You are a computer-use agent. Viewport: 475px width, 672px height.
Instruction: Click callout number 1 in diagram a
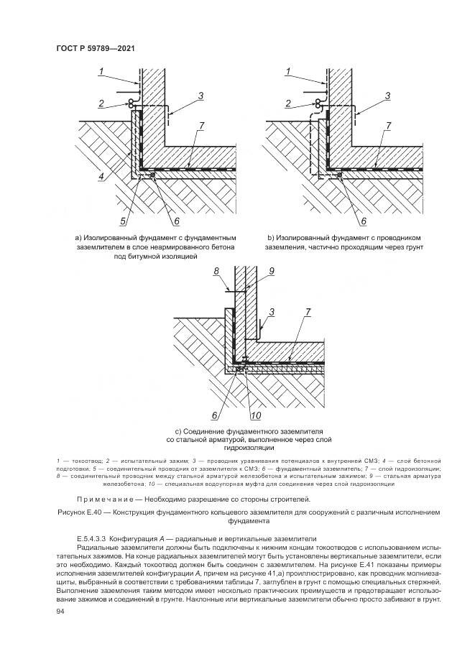point(102,70)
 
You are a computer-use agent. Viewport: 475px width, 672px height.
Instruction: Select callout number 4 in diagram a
point(101,175)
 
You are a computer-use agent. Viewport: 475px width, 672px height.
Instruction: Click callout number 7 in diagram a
point(202,126)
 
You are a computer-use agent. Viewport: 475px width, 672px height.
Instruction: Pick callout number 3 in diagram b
point(387,96)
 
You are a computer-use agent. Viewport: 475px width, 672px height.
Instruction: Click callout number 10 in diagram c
point(255,416)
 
